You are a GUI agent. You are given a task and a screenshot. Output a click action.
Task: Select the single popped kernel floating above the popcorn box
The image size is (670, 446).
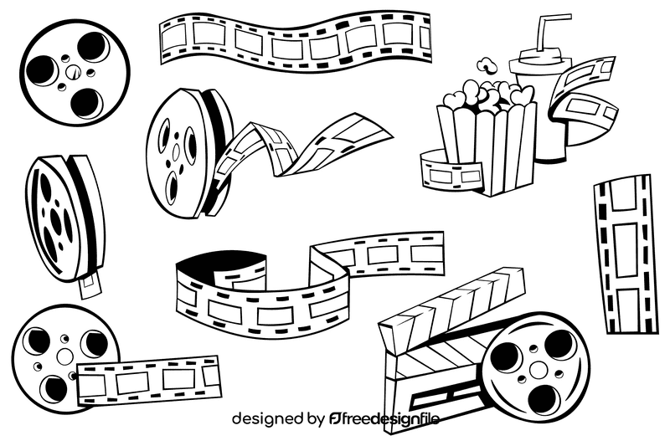point(484,64)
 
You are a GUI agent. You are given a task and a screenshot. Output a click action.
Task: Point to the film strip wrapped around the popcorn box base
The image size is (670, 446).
point(452,172)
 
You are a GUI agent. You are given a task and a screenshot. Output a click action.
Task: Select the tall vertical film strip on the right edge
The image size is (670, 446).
point(624,251)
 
